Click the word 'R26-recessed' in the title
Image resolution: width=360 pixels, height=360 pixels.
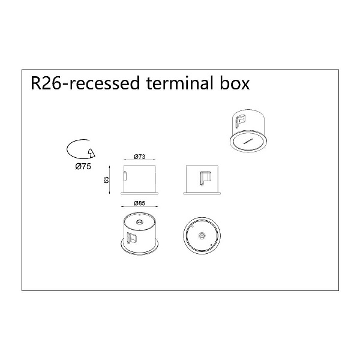[x=85, y=83]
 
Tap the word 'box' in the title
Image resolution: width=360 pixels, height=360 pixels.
[x=235, y=83]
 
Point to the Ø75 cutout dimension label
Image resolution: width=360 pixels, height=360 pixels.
[x=83, y=166]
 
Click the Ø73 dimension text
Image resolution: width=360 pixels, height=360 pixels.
[x=140, y=157]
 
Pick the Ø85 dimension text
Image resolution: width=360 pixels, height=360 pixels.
[x=140, y=203]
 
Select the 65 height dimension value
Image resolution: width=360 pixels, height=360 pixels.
[x=106, y=179]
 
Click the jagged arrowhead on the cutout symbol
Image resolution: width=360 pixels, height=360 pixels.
[x=91, y=153]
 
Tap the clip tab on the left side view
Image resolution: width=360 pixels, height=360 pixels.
[x=125, y=176]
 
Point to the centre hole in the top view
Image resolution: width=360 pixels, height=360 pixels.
[x=202, y=236]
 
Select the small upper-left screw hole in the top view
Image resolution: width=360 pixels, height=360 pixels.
[x=193, y=226]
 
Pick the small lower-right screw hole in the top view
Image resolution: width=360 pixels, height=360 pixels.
[x=211, y=245]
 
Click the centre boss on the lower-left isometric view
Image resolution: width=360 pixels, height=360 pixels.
[x=139, y=222]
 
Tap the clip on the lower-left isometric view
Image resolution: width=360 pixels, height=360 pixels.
[x=131, y=238]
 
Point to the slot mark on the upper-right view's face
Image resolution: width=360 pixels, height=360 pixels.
[x=248, y=141]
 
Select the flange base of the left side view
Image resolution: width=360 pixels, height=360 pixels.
[x=140, y=194]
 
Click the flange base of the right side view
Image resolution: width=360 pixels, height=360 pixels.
[x=202, y=194]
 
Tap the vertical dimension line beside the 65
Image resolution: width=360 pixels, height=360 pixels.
[x=110, y=179]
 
